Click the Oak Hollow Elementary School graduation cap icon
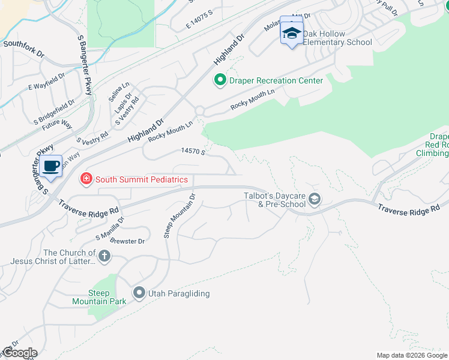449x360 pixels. [292, 34]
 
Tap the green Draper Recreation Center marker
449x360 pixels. [220, 80]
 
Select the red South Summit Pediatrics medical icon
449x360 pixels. [86, 179]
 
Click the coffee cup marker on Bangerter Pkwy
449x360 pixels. [52, 166]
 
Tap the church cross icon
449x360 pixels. [104, 257]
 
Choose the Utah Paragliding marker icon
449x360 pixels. [139, 293]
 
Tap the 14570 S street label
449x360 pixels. [194, 152]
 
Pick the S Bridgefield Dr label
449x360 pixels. [55, 107]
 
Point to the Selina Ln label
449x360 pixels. [119, 94]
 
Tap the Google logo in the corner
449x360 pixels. [19, 352]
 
